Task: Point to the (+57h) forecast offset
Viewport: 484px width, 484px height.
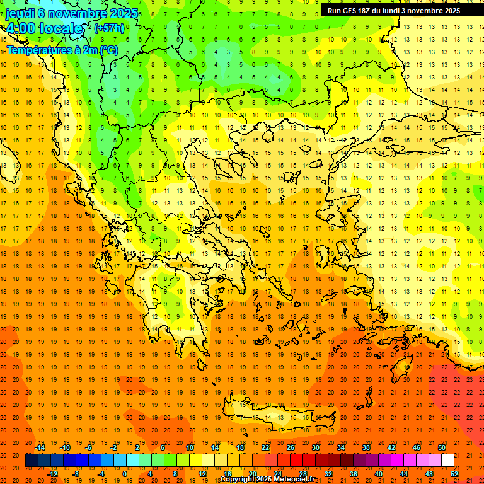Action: click(109, 28)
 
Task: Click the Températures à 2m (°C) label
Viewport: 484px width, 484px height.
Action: click(62, 49)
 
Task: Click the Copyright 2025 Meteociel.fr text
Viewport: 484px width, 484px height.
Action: click(276, 480)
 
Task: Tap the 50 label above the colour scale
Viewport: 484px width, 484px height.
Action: click(441, 447)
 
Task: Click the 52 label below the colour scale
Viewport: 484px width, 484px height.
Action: click(454, 474)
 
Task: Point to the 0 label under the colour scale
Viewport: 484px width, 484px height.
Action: click(124, 474)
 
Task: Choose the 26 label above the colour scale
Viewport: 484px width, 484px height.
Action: click(290, 447)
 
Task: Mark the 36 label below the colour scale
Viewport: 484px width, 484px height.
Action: click(353, 474)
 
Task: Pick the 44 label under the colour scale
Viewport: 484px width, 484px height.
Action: click(404, 474)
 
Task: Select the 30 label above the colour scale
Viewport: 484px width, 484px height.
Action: click(315, 447)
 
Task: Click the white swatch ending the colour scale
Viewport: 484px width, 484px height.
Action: click(447, 461)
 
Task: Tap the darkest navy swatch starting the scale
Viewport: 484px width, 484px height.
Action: click(32, 461)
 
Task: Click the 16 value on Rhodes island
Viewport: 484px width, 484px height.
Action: click(406, 367)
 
